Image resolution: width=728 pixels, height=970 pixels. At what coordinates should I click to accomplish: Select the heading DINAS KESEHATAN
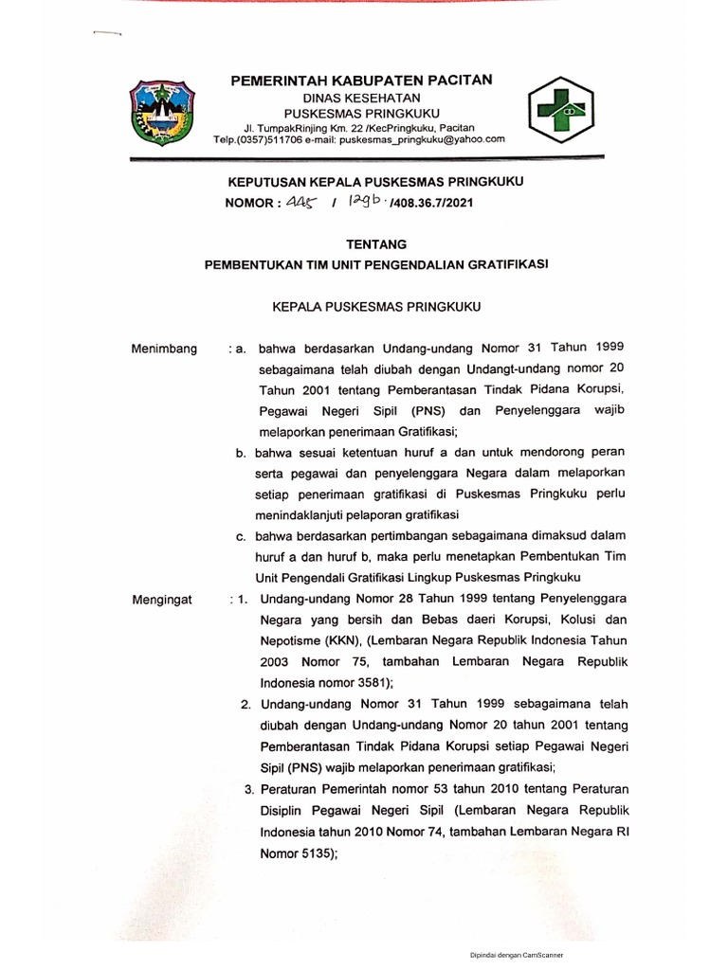[x=359, y=98]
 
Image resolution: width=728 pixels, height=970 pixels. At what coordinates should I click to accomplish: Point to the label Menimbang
[x=165, y=350]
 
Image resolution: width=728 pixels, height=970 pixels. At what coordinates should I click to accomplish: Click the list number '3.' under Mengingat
[x=249, y=789]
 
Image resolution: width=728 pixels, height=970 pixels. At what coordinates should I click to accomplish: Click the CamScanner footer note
[x=518, y=956]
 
